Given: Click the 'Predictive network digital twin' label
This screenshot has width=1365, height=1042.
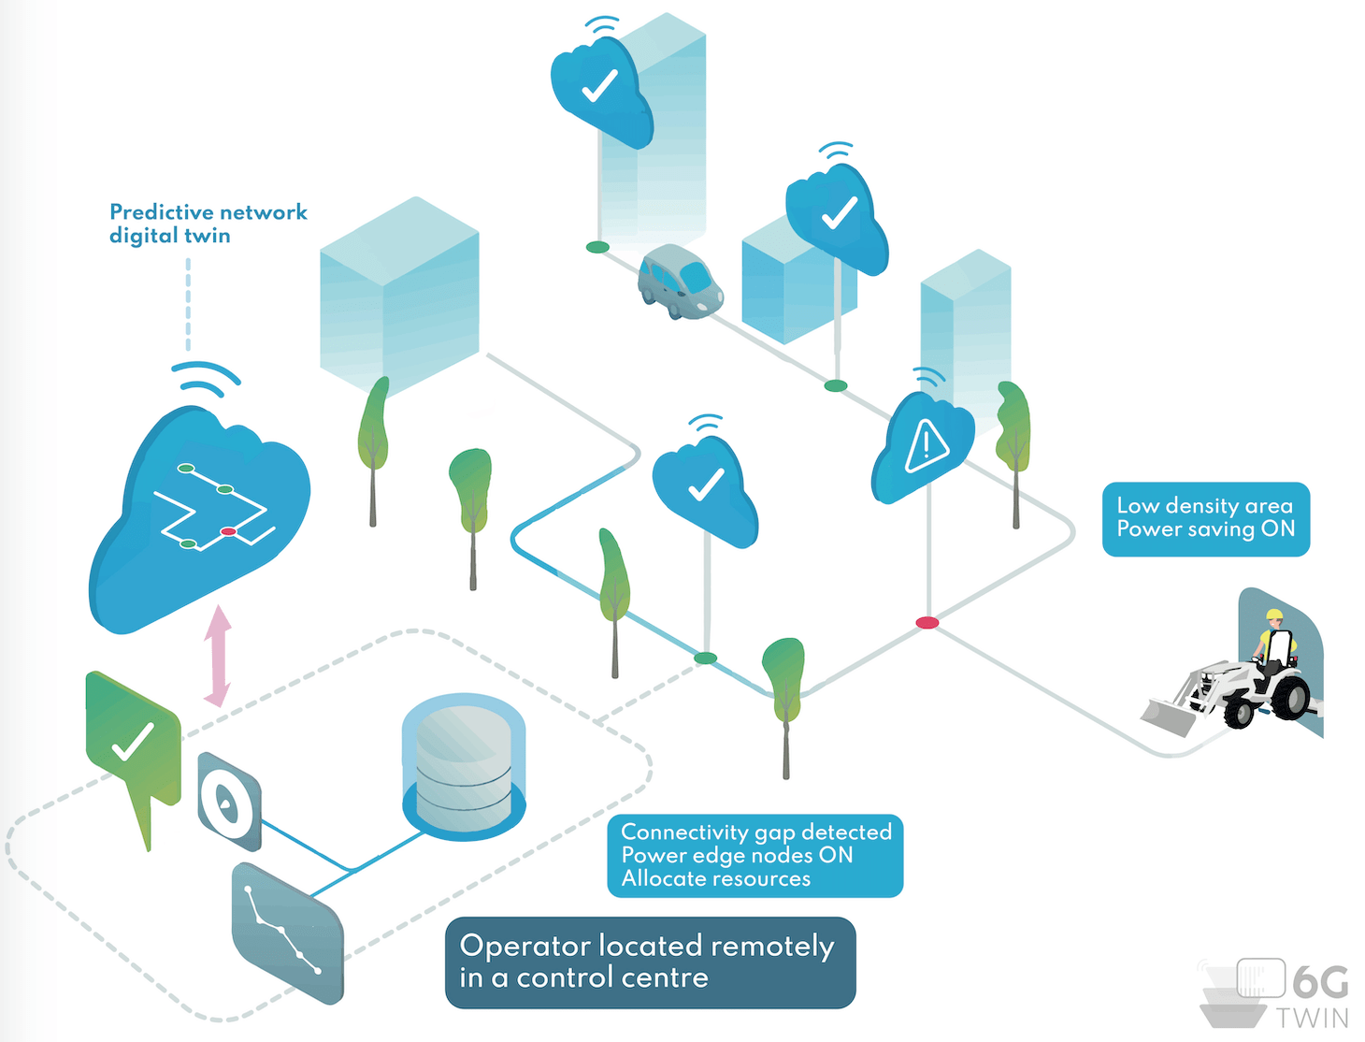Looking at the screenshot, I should [x=208, y=224].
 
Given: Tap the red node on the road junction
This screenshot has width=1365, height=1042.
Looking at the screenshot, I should [x=927, y=623].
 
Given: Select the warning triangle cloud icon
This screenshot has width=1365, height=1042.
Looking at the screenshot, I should [x=925, y=445].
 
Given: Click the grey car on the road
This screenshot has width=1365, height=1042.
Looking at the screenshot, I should [x=680, y=282].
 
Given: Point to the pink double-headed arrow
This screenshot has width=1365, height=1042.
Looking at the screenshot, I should [x=218, y=656].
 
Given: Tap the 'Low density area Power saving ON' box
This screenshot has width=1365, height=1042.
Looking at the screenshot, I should [x=1205, y=519].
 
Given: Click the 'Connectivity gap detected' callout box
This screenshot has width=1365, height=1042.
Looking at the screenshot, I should [x=755, y=856].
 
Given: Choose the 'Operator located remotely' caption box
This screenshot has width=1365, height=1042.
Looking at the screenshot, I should [x=650, y=962].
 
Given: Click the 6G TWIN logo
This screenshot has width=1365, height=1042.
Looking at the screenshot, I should [x=1277, y=993].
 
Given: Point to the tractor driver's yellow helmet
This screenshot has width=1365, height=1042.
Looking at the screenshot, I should [x=1273, y=615].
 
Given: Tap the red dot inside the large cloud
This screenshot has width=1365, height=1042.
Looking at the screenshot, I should [x=228, y=531].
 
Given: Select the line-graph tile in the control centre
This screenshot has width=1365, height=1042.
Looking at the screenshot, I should [x=287, y=933].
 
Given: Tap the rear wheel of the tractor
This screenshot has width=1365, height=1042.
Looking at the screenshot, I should [x=1290, y=697].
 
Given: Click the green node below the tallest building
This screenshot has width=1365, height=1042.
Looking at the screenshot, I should [x=597, y=248].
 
